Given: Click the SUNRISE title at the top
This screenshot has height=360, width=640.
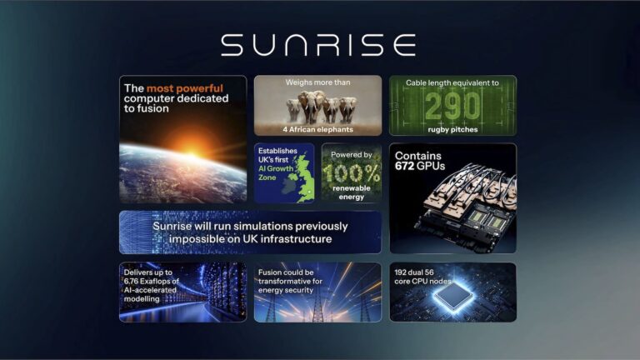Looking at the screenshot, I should tap(319, 44).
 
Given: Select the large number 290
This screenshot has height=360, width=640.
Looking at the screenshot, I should tap(453, 106).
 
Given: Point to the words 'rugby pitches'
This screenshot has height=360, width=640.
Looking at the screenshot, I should tap(452, 129).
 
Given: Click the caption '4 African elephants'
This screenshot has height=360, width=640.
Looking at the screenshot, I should tap(317, 129).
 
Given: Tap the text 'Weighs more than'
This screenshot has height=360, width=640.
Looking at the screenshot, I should tap(317, 83).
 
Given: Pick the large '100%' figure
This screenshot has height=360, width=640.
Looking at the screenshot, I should tap(351, 172).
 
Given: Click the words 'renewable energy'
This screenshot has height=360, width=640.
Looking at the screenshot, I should tap(351, 193).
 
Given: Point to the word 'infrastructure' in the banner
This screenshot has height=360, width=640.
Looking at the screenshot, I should tap(295, 239).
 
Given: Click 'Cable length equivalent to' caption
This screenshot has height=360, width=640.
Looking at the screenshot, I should tap(452, 83).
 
